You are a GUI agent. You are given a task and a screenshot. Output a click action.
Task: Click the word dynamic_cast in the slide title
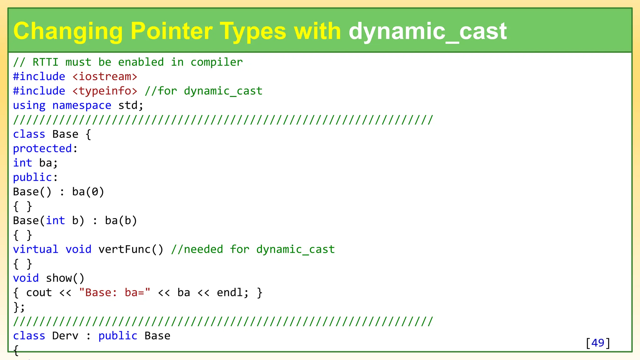point(427,31)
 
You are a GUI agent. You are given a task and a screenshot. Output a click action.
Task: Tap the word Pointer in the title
point(172,31)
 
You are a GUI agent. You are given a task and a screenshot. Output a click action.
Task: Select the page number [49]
point(598,343)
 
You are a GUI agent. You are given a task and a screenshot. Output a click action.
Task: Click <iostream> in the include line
point(105,77)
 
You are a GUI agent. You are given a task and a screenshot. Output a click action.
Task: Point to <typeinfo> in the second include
point(105,91)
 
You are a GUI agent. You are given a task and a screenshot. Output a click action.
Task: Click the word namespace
point(82,105)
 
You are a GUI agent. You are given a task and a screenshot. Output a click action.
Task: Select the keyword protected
point(42,148)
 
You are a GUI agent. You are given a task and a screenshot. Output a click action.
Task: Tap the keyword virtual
point(36,249)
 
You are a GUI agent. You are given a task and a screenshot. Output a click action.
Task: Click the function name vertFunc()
point(131,249)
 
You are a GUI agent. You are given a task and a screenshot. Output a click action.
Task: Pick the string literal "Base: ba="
point(115,292)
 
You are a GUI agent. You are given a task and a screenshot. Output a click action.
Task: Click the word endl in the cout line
point(229,292)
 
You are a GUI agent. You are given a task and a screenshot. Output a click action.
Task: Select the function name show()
point(65,278)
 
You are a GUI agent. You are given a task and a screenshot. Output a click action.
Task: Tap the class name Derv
point(65,336)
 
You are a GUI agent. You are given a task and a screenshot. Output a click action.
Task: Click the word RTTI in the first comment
point(45,62)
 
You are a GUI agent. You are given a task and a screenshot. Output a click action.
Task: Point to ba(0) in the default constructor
point(88,192)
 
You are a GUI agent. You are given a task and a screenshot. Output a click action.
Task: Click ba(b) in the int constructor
point(121,221)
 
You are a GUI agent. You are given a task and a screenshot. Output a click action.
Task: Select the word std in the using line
point(127,105)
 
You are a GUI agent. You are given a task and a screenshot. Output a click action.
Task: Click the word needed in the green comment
point(203,249)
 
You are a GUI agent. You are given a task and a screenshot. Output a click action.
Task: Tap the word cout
point(39,292)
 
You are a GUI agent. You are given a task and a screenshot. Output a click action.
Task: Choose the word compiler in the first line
point(217,62)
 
